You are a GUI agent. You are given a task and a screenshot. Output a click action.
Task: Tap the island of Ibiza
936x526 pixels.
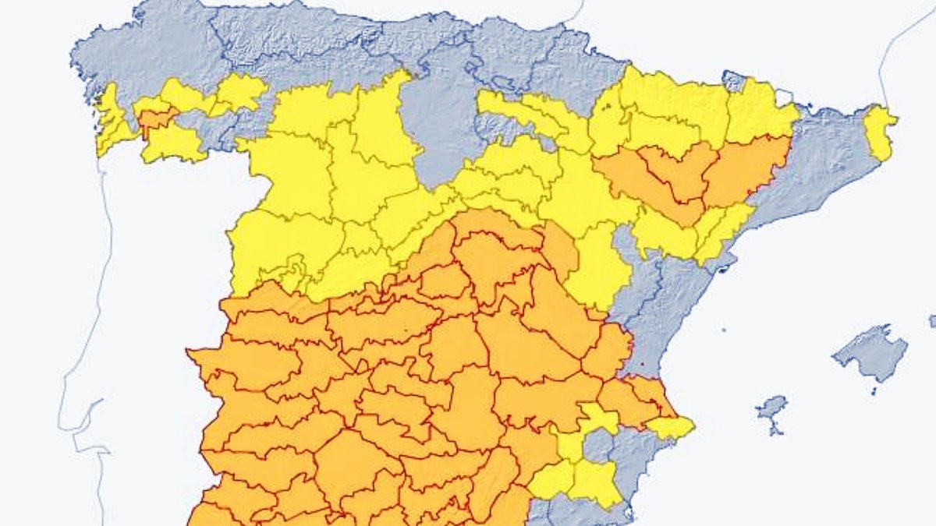tap(772, 408)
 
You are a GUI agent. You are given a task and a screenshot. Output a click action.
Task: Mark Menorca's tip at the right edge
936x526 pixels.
tap(933, 320)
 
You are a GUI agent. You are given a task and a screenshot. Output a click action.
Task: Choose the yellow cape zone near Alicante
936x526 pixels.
tap(671, 426)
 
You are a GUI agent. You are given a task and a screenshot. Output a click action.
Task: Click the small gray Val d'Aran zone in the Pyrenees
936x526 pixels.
tap(734, 80)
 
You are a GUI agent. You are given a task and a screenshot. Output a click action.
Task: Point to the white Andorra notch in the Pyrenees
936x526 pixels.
tap(784, 97)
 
